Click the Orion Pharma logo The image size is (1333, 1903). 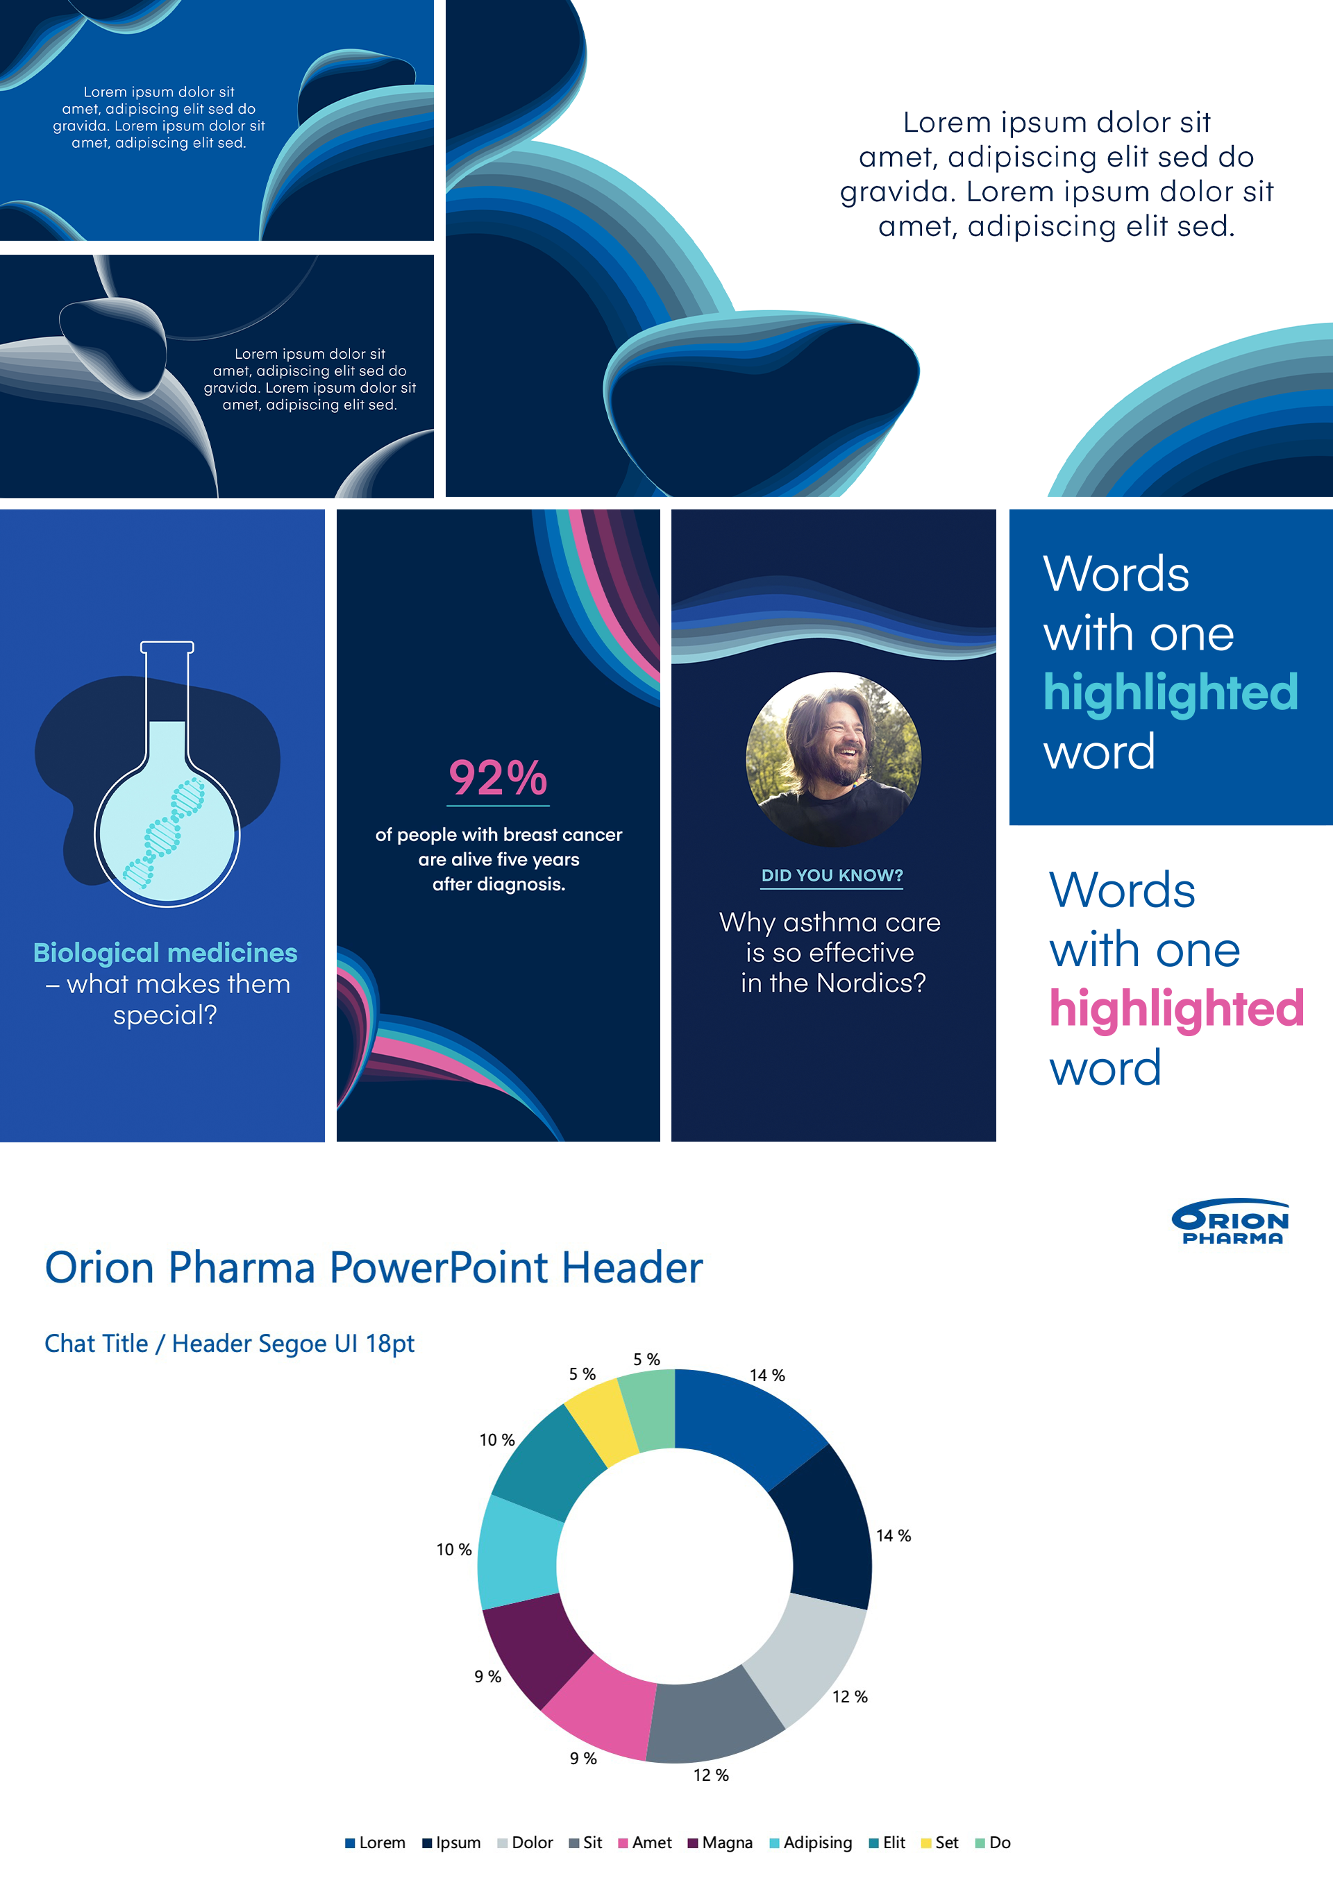(1230, 1221)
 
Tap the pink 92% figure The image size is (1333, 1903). (498, 778)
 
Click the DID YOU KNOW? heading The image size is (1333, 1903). (832, 875)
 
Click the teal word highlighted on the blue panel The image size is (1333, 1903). (1171, 692)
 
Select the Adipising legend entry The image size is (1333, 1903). (811, 1843)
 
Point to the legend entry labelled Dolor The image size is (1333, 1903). (525, 1843)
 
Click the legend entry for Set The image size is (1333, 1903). (940, 1843)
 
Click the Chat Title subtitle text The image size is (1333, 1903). (230, 1344)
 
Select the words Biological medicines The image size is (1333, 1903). (165, 953)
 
